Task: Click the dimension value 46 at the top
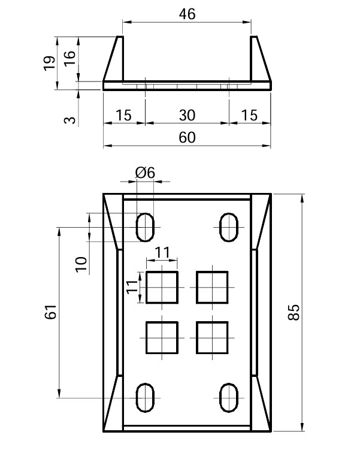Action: (x=187, y=14)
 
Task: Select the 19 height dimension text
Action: (x=51, y=62)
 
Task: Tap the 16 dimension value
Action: (x=69, y=59)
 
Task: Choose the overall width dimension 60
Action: (x=187, y=138)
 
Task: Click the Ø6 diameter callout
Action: (x=145, y=173)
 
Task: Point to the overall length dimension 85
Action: (x=294, y=312)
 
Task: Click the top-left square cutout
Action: (x=162, y=287)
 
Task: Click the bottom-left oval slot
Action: (x=146, y=397)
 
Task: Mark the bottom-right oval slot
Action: (x=229, y=397)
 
